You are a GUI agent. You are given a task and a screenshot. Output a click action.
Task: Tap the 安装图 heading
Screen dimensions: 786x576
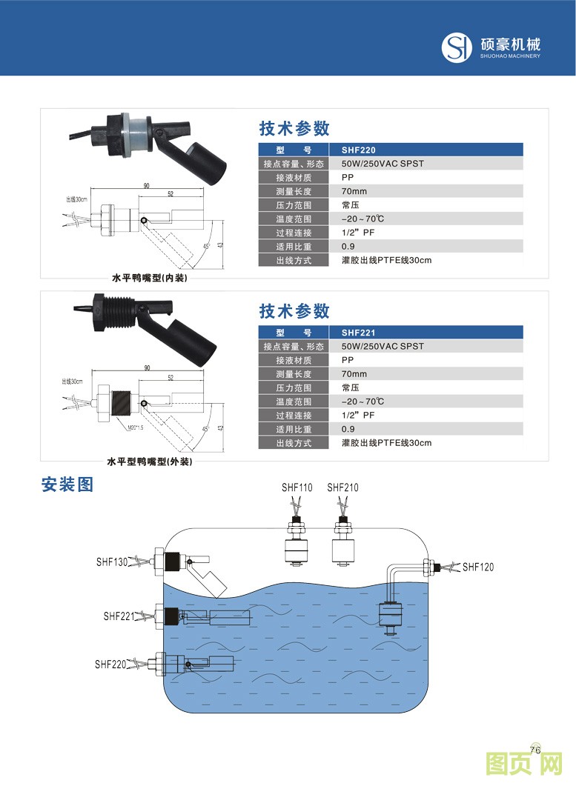click(x=67, y=485)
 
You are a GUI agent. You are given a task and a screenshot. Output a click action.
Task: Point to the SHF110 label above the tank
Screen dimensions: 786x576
click(x=297, y=487)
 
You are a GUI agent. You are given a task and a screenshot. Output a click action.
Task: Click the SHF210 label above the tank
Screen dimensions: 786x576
click(x=342, y=487)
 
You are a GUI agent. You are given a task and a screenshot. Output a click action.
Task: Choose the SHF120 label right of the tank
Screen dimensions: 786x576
click(x=478, y=567)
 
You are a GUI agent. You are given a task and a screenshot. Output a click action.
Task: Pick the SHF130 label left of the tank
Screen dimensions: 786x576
click(x=111, y=562)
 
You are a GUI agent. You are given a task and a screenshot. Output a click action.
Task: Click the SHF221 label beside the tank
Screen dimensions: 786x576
click(x=119, y=616)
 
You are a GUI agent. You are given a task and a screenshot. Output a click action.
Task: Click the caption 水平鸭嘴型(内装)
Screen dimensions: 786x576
click(x=150, y=279)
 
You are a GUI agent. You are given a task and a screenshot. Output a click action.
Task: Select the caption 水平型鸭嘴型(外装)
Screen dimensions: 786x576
click(x=150, y=462)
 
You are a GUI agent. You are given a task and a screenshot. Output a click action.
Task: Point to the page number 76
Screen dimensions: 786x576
click(x=537, y=747)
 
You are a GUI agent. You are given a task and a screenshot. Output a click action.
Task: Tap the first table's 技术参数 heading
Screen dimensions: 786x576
click(x=294, y=128)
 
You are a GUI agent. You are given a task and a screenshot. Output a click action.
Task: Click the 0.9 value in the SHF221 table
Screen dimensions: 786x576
click(x=348, y=429)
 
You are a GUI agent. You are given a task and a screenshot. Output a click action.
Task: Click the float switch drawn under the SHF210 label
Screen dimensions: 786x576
click(x=342, y=544)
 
